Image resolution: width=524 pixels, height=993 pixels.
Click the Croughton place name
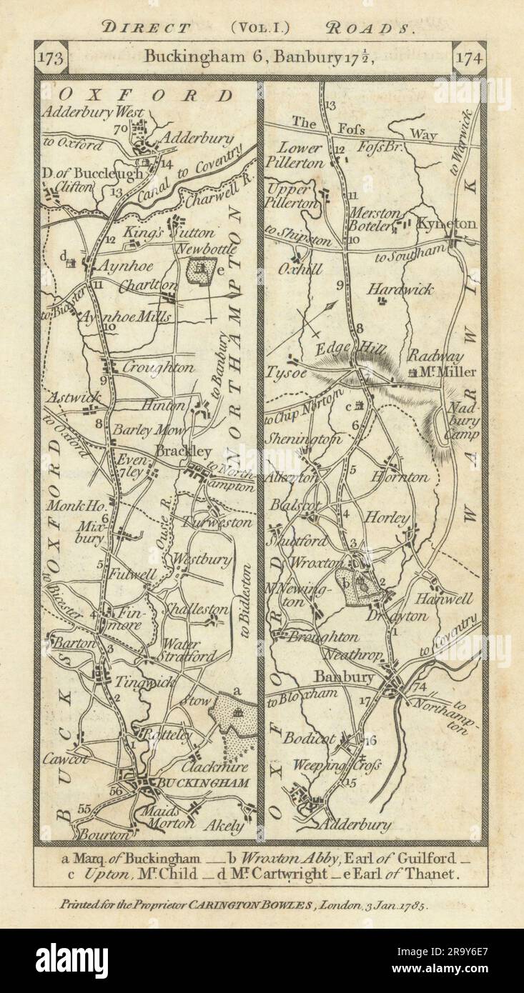click(x=158, y=368)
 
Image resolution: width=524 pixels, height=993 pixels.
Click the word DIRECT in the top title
click(x=147, y=29)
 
